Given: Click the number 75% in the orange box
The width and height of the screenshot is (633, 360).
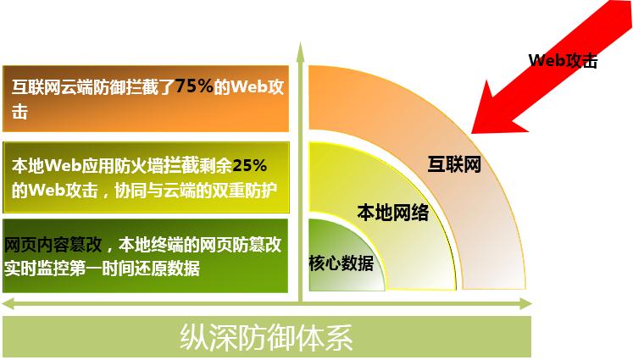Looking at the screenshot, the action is tap(194, 86).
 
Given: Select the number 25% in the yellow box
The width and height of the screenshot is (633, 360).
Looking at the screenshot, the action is tap(249, 165).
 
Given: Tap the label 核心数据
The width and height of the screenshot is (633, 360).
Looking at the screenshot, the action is tap(341, 263).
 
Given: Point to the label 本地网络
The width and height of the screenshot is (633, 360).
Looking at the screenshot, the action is tap(393, 213).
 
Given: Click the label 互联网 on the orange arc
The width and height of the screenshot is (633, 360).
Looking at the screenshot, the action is tap(454, 164).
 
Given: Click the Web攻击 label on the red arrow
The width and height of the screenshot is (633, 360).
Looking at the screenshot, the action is tap(563, 60).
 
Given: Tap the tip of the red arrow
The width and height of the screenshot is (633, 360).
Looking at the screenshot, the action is tap(472, 133).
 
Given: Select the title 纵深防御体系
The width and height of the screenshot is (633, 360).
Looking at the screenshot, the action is tap(266, 337).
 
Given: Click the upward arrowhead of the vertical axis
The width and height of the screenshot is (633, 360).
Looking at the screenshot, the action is tap(300, 52).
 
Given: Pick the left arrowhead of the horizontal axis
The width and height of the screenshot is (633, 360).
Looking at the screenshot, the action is tap(8, 303).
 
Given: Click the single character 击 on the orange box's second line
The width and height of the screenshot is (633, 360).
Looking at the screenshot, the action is tap(19, 112).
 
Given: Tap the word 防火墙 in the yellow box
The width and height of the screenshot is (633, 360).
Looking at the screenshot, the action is tap(122, 166).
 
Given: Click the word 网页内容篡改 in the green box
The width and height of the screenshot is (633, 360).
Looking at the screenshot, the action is tap(53, 245).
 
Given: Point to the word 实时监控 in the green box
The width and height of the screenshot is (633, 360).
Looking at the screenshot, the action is tap(36, 269).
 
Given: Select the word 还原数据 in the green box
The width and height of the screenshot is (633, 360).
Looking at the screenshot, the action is tap(167, 269).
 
